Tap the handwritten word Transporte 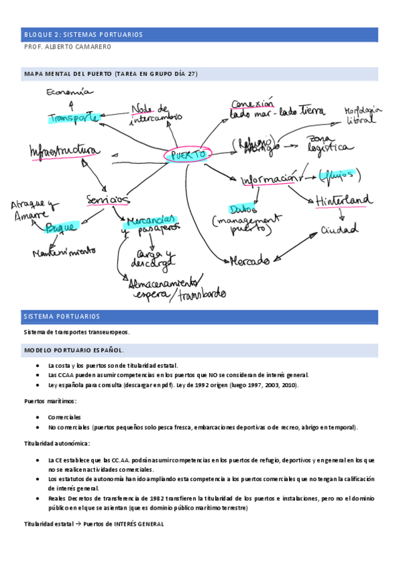[x=73, y=118]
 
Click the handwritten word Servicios [x=107, y=199]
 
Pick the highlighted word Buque [x=61, y=228]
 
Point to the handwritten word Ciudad [x=340, y=230]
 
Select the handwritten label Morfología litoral [x=364, y=116]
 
